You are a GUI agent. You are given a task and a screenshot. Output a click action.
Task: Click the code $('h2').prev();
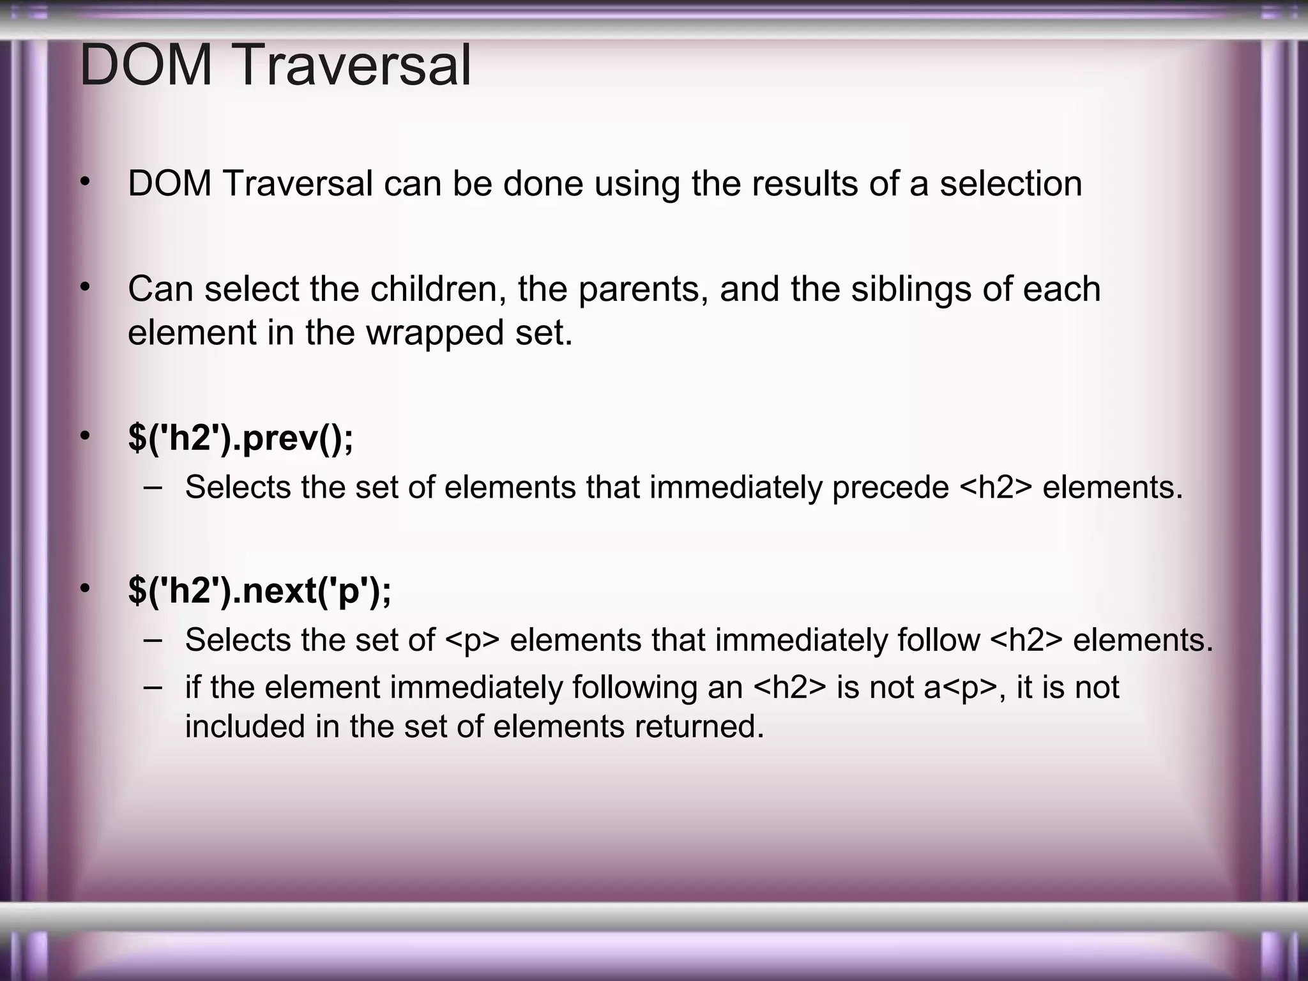click(x=240, y=438)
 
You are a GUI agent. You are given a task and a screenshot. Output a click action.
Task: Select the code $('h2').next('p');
click(x=259, y=590)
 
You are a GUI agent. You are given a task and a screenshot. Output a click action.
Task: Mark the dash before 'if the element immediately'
click(x=153, y=687)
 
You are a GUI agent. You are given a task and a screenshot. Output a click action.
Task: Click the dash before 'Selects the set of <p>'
click(x=153, y=639)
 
